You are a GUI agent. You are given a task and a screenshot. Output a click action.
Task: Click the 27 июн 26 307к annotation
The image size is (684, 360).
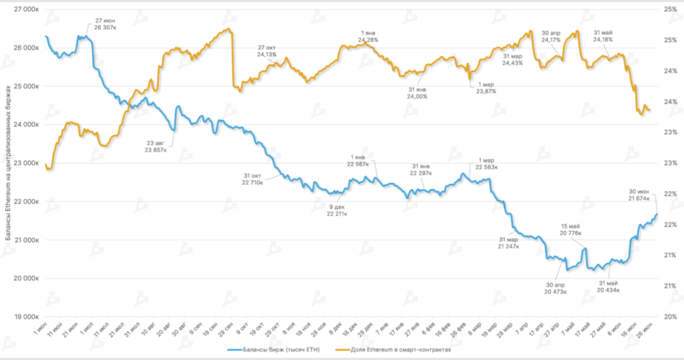coord(105,25)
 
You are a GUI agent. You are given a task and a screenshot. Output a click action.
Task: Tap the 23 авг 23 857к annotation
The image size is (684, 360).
coord(155,146)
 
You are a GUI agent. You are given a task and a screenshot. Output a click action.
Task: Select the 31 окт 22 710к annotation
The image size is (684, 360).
coord(255,178)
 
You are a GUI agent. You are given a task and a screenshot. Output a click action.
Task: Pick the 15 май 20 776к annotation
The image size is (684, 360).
coord(571,229)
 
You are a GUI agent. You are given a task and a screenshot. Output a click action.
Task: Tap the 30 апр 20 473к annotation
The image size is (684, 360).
coord(556,287)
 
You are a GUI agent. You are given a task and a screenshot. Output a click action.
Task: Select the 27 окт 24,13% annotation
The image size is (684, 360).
coord(267,51)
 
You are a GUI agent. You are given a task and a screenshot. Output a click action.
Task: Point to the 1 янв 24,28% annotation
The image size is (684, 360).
coord(368,36)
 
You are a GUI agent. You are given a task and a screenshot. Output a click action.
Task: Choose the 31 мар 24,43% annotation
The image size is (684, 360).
coord(512,59)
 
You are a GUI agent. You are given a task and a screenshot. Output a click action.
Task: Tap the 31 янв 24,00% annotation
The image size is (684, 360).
coord(417,93)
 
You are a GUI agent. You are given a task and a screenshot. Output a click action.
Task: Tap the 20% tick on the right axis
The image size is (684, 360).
coord(668,317)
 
